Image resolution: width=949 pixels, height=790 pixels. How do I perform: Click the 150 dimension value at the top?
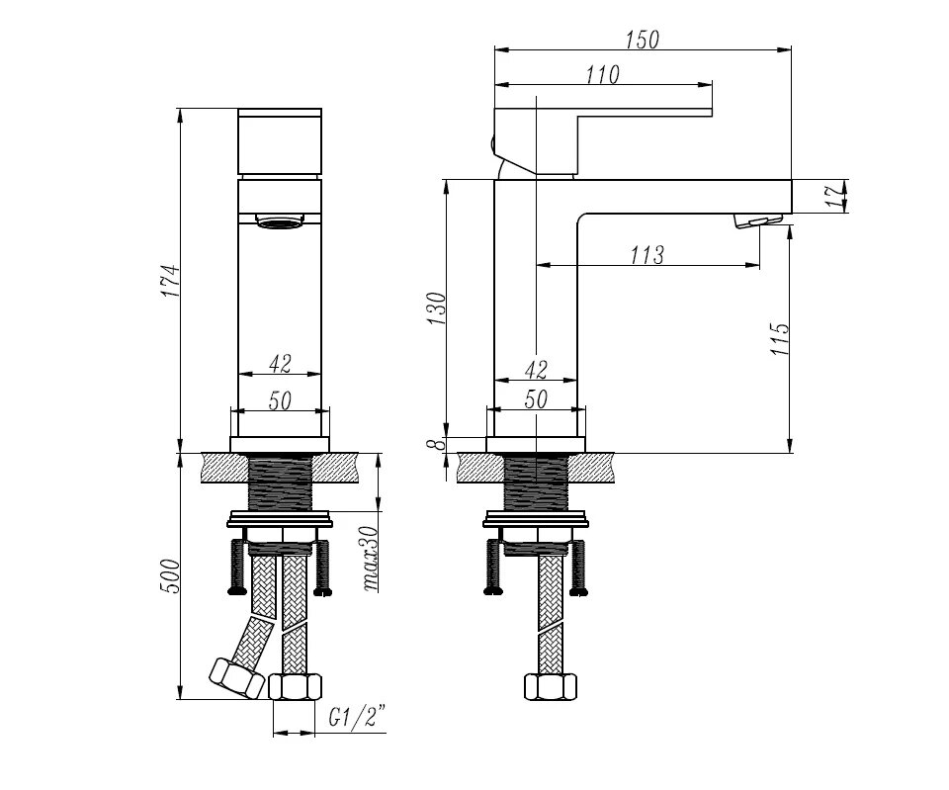point(643,40)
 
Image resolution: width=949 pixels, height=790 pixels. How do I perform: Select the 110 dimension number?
point(603,74)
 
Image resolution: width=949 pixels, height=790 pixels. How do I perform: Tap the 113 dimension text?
point(647,255)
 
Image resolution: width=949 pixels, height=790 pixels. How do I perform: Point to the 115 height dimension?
point(780,338)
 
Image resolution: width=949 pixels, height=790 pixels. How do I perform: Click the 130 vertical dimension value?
point(436,308)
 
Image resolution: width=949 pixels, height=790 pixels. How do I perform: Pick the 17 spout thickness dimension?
point(837,196)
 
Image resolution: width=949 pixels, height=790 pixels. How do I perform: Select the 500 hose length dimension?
point(171,575)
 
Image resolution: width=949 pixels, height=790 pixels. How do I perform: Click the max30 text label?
point(370,559)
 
